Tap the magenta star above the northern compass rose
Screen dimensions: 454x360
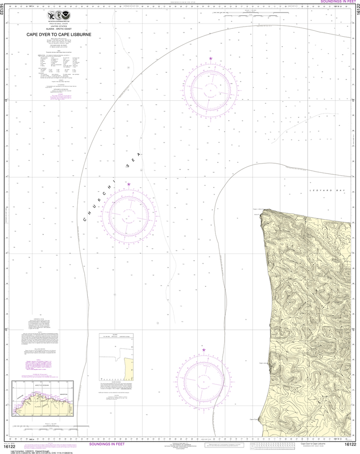coord(211,59)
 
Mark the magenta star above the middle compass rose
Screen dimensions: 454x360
coord(129,184)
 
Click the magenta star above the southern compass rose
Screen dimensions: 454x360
coord(204,350)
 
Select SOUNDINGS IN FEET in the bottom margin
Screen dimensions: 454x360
coord(107,444)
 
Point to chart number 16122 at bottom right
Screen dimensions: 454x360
coord(350,444)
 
